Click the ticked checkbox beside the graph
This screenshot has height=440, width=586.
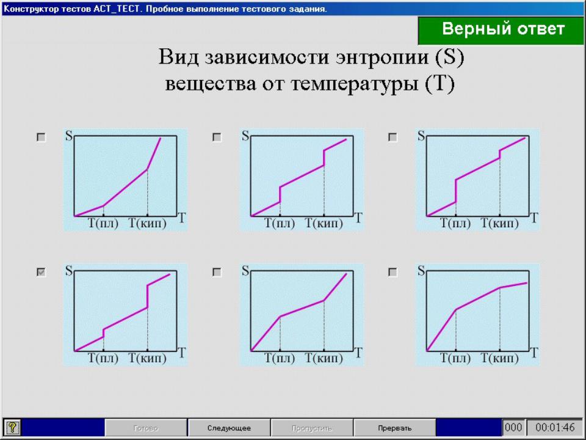pos(41,272)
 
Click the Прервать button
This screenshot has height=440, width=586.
pos(394,428)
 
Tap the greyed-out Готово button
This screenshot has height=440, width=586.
pos(146,428)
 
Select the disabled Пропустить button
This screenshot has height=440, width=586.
pos(312,428)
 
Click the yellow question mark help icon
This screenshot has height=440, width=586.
pos(12,427)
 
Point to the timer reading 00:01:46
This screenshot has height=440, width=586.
pos(555,427)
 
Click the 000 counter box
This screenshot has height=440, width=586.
pos(513,427)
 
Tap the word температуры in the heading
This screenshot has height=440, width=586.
pos(355,84)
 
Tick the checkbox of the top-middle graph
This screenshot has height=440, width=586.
pos(217,137)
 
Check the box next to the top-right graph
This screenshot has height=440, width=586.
pos(392,137)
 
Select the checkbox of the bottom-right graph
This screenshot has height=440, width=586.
pos(392,272)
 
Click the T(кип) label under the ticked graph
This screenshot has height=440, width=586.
pos(148,358)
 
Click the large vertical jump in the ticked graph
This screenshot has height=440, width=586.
pos(147,296)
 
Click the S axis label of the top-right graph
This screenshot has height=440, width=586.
pos(421,136)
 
